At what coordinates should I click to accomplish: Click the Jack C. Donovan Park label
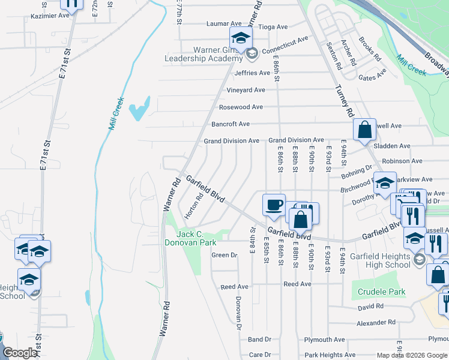(190, 238)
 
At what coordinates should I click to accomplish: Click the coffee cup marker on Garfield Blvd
(274, 205)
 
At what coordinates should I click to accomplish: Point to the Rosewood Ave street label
(241, 107)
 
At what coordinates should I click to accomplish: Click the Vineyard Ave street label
(246, 90)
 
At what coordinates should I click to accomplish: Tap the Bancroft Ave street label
(231, 124)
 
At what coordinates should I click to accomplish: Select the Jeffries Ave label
(253, 73)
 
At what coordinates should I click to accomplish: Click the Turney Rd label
(343, 101)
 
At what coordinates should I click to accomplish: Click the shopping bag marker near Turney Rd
(364, 130)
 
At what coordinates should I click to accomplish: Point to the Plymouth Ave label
(325, 340)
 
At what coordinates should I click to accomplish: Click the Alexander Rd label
(376, 322)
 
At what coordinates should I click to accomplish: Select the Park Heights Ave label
(330, 355)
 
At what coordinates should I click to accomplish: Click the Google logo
(20, 353)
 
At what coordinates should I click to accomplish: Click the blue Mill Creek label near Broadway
(411, 64)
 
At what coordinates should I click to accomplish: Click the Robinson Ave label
(402, 161)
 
